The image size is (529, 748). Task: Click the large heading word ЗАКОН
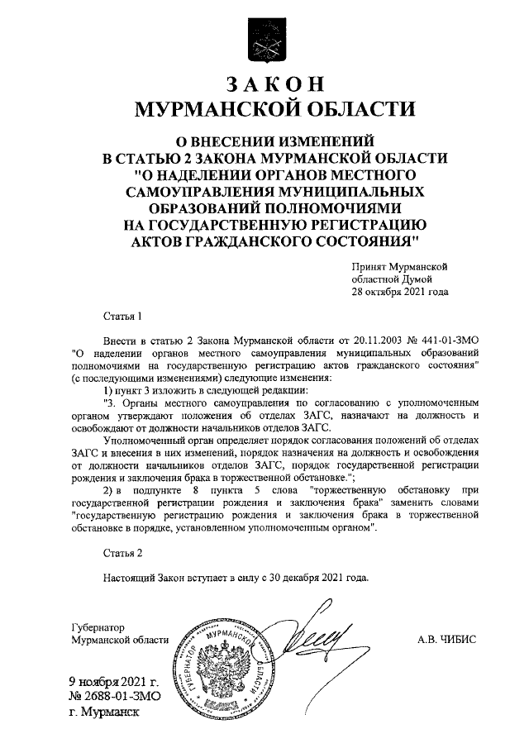click(x=274, y=86)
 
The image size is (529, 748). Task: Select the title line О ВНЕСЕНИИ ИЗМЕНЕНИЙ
click(x=274, y=141)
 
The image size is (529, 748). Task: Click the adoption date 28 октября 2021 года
click(x=400, y=292)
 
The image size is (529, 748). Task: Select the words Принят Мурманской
click(x=399, y=267)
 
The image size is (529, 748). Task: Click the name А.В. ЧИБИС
click(x=446, y=639)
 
